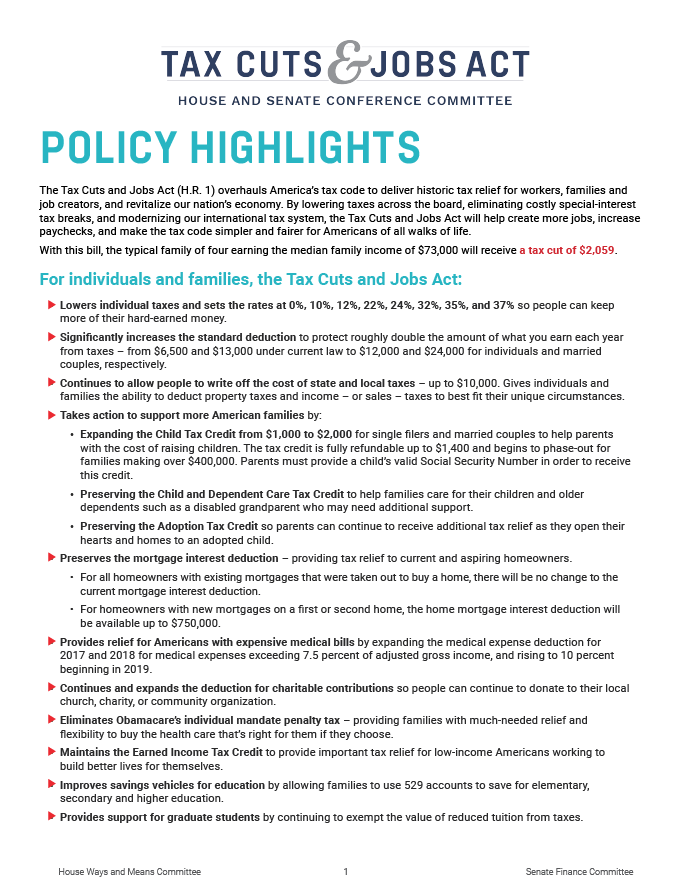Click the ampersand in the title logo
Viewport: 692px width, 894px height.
[345, 63]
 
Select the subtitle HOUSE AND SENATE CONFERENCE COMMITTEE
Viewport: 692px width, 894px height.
[345, 101]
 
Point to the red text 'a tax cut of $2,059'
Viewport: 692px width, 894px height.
[566, 249]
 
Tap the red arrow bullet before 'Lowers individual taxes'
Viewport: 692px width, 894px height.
[51, 303]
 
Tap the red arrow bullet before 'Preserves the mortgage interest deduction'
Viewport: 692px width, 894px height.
[51, 557]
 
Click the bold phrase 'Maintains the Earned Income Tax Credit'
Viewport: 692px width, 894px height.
[161, 752]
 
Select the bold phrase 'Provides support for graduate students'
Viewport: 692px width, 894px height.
[159, 817]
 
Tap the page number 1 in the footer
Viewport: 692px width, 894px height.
[345, 872]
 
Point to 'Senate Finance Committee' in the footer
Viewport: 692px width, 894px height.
[579, 872]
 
